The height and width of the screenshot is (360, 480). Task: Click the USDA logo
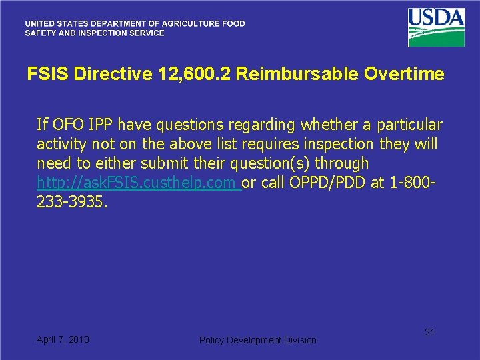click(x=436, y=27)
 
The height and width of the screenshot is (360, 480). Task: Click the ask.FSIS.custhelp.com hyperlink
click(x=138, y=183)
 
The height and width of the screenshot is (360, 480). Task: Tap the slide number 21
click(x=429, y=332)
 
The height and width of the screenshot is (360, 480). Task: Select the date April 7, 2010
click(x=63, y=339)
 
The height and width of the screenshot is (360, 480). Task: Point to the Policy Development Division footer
click(x=258, y=340)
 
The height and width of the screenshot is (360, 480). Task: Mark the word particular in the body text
click(x=409, y=125)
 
